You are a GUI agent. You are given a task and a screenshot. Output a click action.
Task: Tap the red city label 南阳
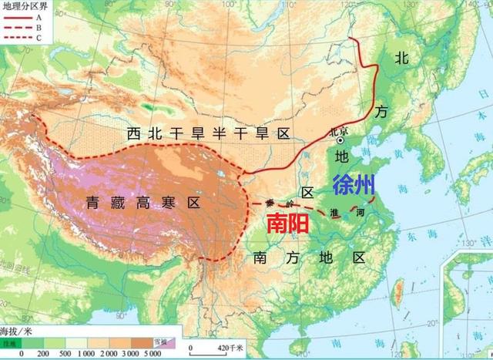click(290, 223)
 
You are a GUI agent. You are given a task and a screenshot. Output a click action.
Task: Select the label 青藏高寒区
click(143, 204)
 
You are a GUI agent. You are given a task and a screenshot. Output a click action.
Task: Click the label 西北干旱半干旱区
click(208, 134)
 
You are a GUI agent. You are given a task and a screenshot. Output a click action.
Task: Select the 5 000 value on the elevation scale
click(153, 352)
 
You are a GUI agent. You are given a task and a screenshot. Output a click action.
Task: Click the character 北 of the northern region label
click(401, 58)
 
